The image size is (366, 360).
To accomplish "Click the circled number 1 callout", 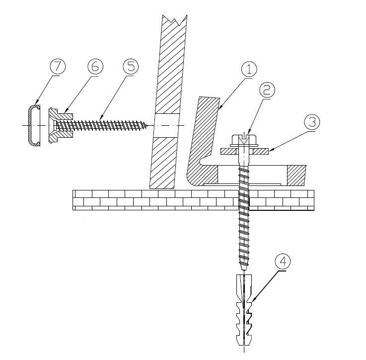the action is pyautogui.click(x=249, y=70).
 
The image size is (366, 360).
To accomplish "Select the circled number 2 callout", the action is pyautogui.click(x=267, y=90).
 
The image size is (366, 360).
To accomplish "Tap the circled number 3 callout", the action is pyautogui.click(x=312, y=122).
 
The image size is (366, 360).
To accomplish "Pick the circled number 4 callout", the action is pyautogui.click(x=283, y=262).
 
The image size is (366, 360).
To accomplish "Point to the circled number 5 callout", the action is pyautogui.click(x=131, y=66).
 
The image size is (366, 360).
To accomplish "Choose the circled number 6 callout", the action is pyautogui.click(x=95, y=66).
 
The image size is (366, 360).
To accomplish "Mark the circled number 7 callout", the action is pyautogui.click(x=58, y=66).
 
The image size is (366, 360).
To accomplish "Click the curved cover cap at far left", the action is pyautogui.click(x=30, y=125).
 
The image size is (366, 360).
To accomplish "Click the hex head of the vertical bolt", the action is pyautogui.click(x=244, y=140).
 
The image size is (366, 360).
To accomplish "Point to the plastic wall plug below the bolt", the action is pyautogui.click(x=244, y=310).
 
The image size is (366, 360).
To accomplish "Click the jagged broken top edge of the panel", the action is pyautogui.click(x=175, y=19).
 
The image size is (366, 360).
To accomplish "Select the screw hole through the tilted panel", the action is pyautogui.click(x=166, y=126).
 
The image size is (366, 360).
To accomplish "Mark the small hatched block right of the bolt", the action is pyautogui.click(x=296, y=176).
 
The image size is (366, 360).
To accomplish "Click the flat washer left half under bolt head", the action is pyautogui.click(x=228, y=152).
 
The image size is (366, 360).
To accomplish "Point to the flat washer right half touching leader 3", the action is pyautogui.click(x=261, y=152).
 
